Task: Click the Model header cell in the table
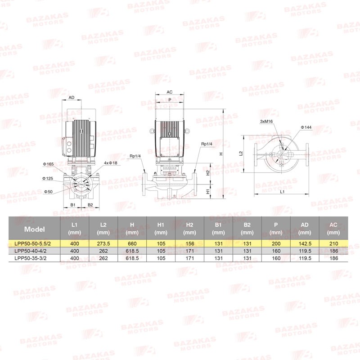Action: pos(35,229)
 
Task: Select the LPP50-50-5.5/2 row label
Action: pos(32,243)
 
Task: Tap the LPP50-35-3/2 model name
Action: pos(30,258)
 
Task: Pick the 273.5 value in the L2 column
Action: pos(103,243)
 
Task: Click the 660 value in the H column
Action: pos(132,243)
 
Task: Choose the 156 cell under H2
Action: pos(189,243)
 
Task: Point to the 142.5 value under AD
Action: pos(305,243)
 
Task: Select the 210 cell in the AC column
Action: pos(333,243)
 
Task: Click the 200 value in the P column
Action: pos(276,243)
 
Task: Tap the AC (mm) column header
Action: pos(333,229)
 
